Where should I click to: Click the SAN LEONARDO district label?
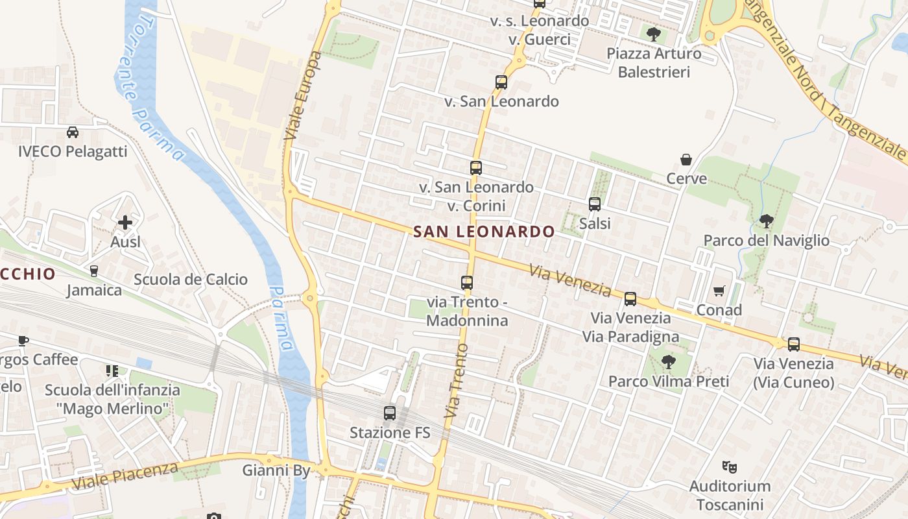coord(484,232)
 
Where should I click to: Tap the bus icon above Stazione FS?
coord(390,413)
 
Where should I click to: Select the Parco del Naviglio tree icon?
coord(766,221)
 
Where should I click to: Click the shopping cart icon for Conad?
coord(719,291)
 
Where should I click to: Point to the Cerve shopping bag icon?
coord(686,160)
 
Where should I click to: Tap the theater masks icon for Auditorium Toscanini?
coord(730,466)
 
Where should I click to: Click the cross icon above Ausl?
coord(125,223)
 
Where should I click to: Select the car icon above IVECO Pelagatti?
coord(73,132)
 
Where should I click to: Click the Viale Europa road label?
coord(303,96)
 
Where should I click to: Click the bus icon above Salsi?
coord(595,204)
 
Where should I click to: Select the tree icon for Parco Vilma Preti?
coord(668,362)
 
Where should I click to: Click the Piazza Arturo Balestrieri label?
coord(654,62)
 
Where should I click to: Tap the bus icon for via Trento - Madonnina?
coord(467,283)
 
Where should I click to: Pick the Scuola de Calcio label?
coord(191,280)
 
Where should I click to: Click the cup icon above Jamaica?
coord(94,271)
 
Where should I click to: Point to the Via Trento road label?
coord(457,380)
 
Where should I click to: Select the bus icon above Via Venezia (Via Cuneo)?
coord(793,344)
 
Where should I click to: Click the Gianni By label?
coord(277,470)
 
